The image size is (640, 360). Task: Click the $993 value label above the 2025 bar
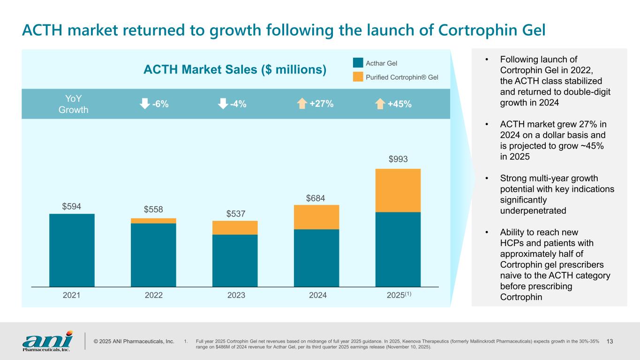click(398, 160)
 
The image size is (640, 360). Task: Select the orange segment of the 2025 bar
click(398, 190)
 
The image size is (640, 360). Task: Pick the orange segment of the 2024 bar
click(316, 217)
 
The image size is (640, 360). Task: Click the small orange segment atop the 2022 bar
click(153, 221)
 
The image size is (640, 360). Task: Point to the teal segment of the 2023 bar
click(235, 260)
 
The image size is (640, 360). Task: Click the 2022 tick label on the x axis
click(153, 295)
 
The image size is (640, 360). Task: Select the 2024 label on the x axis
click(316, 295)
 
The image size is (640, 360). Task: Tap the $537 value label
click(236, 214)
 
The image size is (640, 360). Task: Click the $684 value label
click(316, 198)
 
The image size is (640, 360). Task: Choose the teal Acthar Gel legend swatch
click(358, 63)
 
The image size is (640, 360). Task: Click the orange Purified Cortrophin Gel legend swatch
click(358, 76)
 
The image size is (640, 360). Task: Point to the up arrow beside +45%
click(380, 104)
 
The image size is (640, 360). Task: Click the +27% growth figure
click(322, 104)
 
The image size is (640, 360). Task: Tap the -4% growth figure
click(238, 104)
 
